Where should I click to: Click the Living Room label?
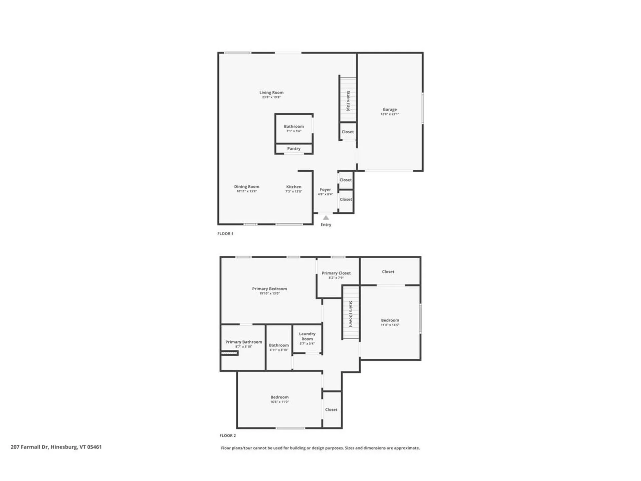pos(271,93)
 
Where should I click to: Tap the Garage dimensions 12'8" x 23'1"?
pos(390,114)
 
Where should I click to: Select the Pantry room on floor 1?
pos(294,149)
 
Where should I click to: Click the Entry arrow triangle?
pos(326,218)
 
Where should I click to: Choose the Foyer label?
pos(325,189)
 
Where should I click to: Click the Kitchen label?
pos(294,187)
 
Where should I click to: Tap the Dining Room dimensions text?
pos(247,191)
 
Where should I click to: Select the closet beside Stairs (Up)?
pos(348,132)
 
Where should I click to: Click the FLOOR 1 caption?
pos(225,233)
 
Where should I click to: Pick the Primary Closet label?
pos(336,273)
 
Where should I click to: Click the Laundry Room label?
pos(307,336)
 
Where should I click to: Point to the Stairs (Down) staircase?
pos(351,313)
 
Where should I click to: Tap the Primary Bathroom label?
pos(244,342)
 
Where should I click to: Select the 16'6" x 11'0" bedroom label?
pos(279,397)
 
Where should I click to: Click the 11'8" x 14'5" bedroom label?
pos(390,320)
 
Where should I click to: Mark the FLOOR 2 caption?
pos(228,436)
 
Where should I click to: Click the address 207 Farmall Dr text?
pos(56,447)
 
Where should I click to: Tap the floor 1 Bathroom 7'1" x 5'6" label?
pos(294,126)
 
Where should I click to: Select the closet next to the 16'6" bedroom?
pos(331,410)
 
